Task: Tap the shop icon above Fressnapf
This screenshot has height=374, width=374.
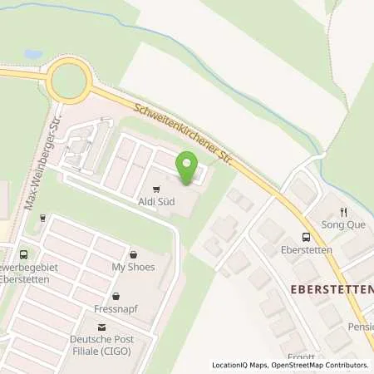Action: pos(116,293)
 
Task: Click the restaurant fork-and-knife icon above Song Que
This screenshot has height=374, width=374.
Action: pos(343,212)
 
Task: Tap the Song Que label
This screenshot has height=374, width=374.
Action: pos(343,225)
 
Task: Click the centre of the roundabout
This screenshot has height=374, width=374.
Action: pos(68,81)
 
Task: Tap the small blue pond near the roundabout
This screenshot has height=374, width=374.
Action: pos(33,54)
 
